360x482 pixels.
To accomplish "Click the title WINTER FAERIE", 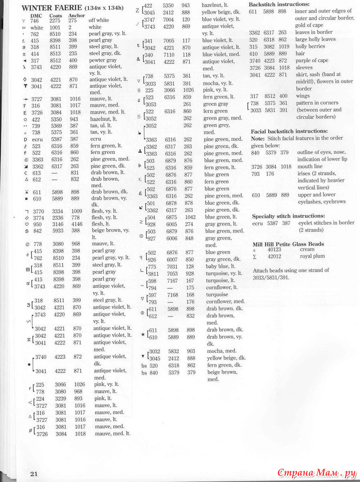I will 52,8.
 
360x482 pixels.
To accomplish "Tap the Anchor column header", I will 77,16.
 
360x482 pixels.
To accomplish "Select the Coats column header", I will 55,16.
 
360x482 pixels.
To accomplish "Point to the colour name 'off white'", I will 99,20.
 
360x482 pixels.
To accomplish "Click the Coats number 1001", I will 55,27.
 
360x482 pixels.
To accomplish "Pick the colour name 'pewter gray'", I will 103,60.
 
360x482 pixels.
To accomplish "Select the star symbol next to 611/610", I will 142,333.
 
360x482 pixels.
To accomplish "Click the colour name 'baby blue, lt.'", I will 221,266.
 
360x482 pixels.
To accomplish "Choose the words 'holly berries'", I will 310,46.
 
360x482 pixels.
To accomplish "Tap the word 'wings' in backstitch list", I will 303,96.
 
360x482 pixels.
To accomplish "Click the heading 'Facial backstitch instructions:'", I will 289,131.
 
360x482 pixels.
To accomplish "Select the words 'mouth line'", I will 310,166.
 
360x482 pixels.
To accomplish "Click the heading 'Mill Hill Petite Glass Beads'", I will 288,244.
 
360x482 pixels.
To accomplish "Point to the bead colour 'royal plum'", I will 312,256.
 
